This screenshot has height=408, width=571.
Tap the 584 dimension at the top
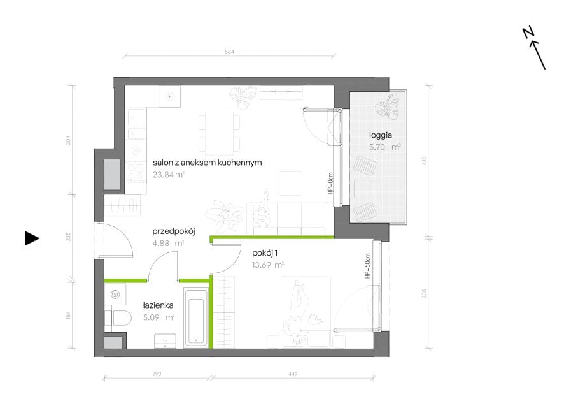pyautogui.click(x=229, y=52)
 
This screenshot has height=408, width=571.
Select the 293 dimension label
pyautogui.click(x=157, y=374)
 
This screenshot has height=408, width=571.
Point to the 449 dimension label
pyautogui.click(x=293, y=374)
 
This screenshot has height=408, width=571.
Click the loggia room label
pyautogui.click(x=381, y=135)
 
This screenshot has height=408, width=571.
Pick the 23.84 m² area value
pyautogui.click(x=169, y=175)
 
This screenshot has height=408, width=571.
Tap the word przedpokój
pyautogui.click(x=174, y=231)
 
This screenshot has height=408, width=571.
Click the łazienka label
pyautogui.click(x=158, y=305)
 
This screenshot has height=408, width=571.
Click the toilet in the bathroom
pyautogui.click(x=118, y=318)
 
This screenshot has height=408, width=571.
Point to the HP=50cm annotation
pyautogui.click(x=367, y=266)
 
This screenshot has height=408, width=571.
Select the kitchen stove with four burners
pyautogui.click(x=136, y=172)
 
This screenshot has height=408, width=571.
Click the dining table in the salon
pyautogui.click(x=219, y=133)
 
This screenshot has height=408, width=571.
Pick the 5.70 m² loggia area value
pyautogui.click(x=385, y=147)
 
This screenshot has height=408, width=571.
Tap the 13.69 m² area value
pyautogui.click(x=268, y=265)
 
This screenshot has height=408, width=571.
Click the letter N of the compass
pyautogui.click(x=528, y=32)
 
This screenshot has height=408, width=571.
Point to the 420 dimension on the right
pyautogui.click(x=424, y=161)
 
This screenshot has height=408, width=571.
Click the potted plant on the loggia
pyautogui.click(x=388, y=106)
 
